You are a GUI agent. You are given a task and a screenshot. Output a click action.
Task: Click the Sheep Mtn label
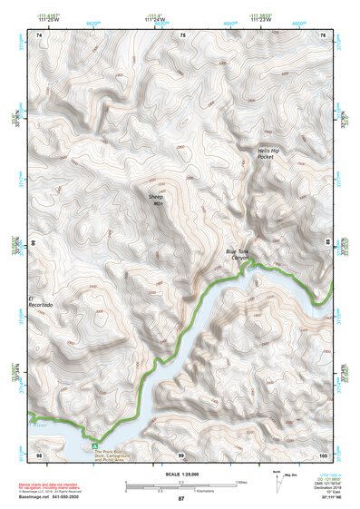[158, 200]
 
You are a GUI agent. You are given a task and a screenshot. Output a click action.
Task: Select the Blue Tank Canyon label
[238, 256]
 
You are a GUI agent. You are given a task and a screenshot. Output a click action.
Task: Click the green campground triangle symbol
[93, 445]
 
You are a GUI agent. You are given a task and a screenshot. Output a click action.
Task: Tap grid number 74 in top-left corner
[38, 34]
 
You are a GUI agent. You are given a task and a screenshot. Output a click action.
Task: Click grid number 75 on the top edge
[182, 34]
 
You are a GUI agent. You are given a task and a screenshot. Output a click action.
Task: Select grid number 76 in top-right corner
[323, 34]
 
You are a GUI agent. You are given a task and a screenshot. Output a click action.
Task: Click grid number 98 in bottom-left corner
[38, 453]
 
